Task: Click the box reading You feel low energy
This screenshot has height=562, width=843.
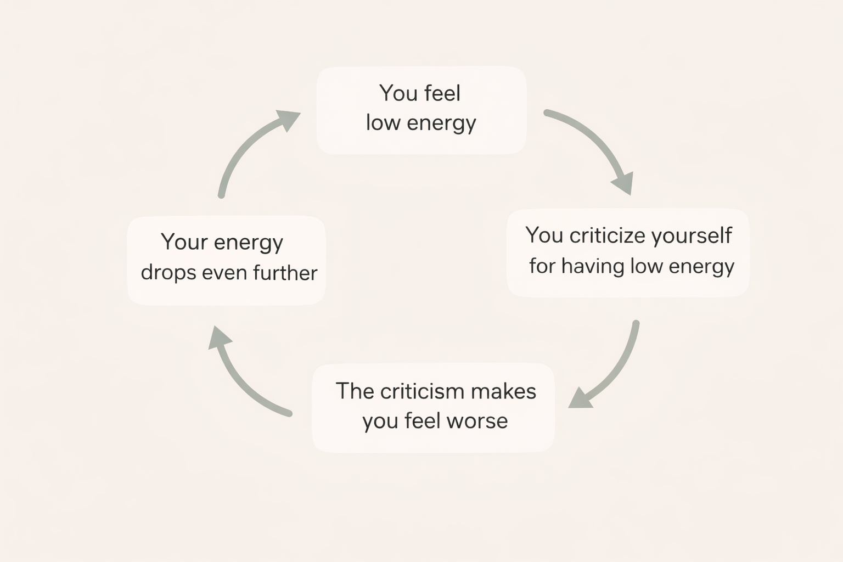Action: (x=421, y=110)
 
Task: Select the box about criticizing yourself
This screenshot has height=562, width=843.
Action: (x=628, y=252)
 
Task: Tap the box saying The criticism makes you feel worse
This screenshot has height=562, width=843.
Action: (x=433, y=407)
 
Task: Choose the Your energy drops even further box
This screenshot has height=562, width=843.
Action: (x=227, y=260)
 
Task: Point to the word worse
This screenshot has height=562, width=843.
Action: (x=477, y=421)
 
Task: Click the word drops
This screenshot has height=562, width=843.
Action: (x=168, y=273)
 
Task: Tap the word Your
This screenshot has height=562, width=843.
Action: (x=184, y=242)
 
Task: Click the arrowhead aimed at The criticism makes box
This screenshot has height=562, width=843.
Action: (x=580, y=399)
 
